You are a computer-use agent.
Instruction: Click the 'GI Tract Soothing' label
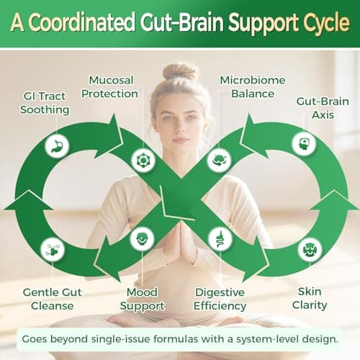(45, 102)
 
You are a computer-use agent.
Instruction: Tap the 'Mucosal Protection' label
(113, 86)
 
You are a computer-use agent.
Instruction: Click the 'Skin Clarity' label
(315, 299)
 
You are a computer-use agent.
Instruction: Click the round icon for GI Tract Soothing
(55, 145)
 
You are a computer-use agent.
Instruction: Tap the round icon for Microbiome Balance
(218, 159)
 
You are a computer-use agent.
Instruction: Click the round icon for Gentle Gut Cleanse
(53, 249)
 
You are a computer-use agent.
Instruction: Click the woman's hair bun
(180, 71)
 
